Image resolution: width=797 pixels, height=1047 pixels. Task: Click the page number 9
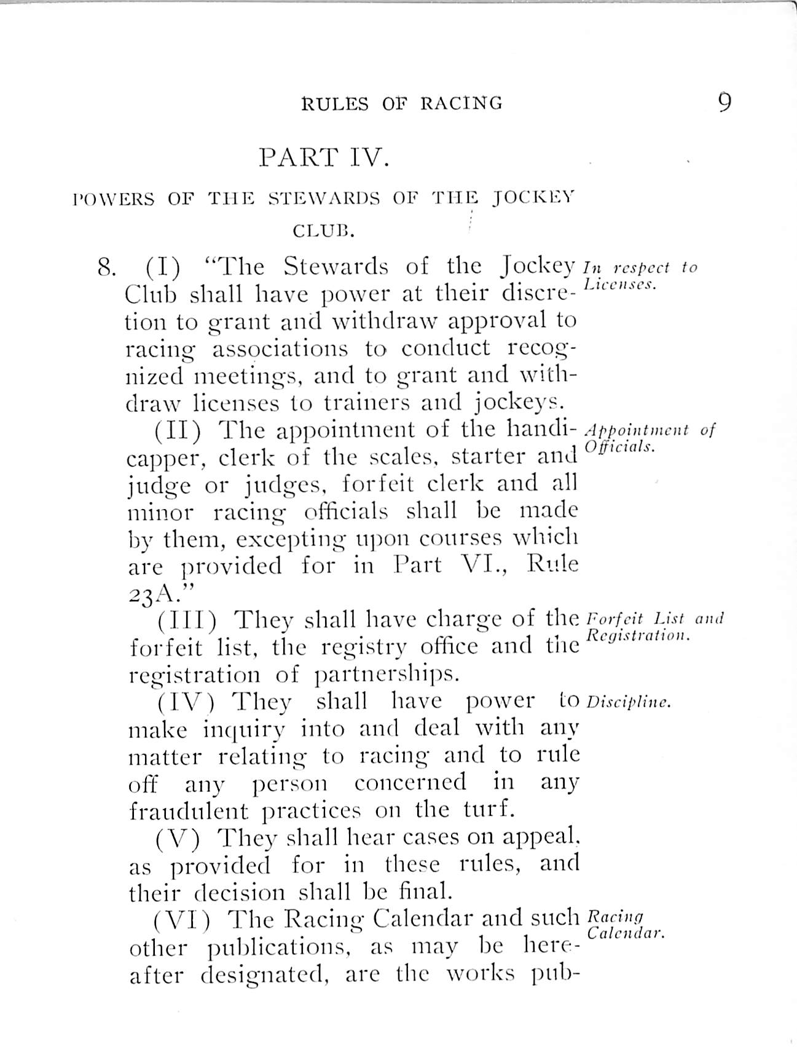[x=724, y=101]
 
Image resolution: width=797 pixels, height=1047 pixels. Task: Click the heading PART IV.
[x=324, y=157]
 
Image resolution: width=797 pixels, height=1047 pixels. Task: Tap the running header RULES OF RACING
[x=402, y=103]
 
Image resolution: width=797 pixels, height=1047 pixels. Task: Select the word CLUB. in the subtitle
[x=323, y=232]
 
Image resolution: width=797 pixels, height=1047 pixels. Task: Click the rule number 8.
[x=106, y=267]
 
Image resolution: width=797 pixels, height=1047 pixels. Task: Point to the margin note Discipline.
[x=628, y=702]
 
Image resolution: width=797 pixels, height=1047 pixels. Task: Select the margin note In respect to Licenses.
[x=639, y=275]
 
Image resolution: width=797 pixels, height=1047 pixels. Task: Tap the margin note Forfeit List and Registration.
[x=655, y=626]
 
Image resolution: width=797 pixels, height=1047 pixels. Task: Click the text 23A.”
[x=162, y=594]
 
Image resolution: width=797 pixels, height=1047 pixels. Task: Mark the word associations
[x=280, y=349]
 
